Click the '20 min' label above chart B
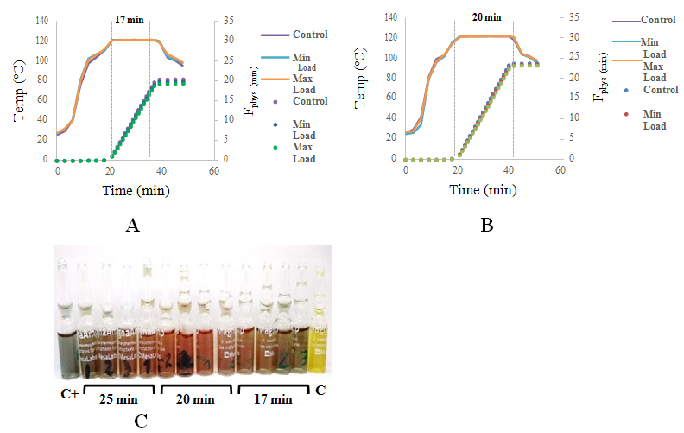tap(486, 16)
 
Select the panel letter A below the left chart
tap(132, 226)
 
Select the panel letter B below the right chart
tap(486, 226)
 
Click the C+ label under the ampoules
tap(69, 394)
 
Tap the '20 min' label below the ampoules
tap(195, 399)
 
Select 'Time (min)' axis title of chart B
tap(482, 189)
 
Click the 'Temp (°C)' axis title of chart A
tap(15, 81)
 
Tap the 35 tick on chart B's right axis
tap(575, 17)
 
